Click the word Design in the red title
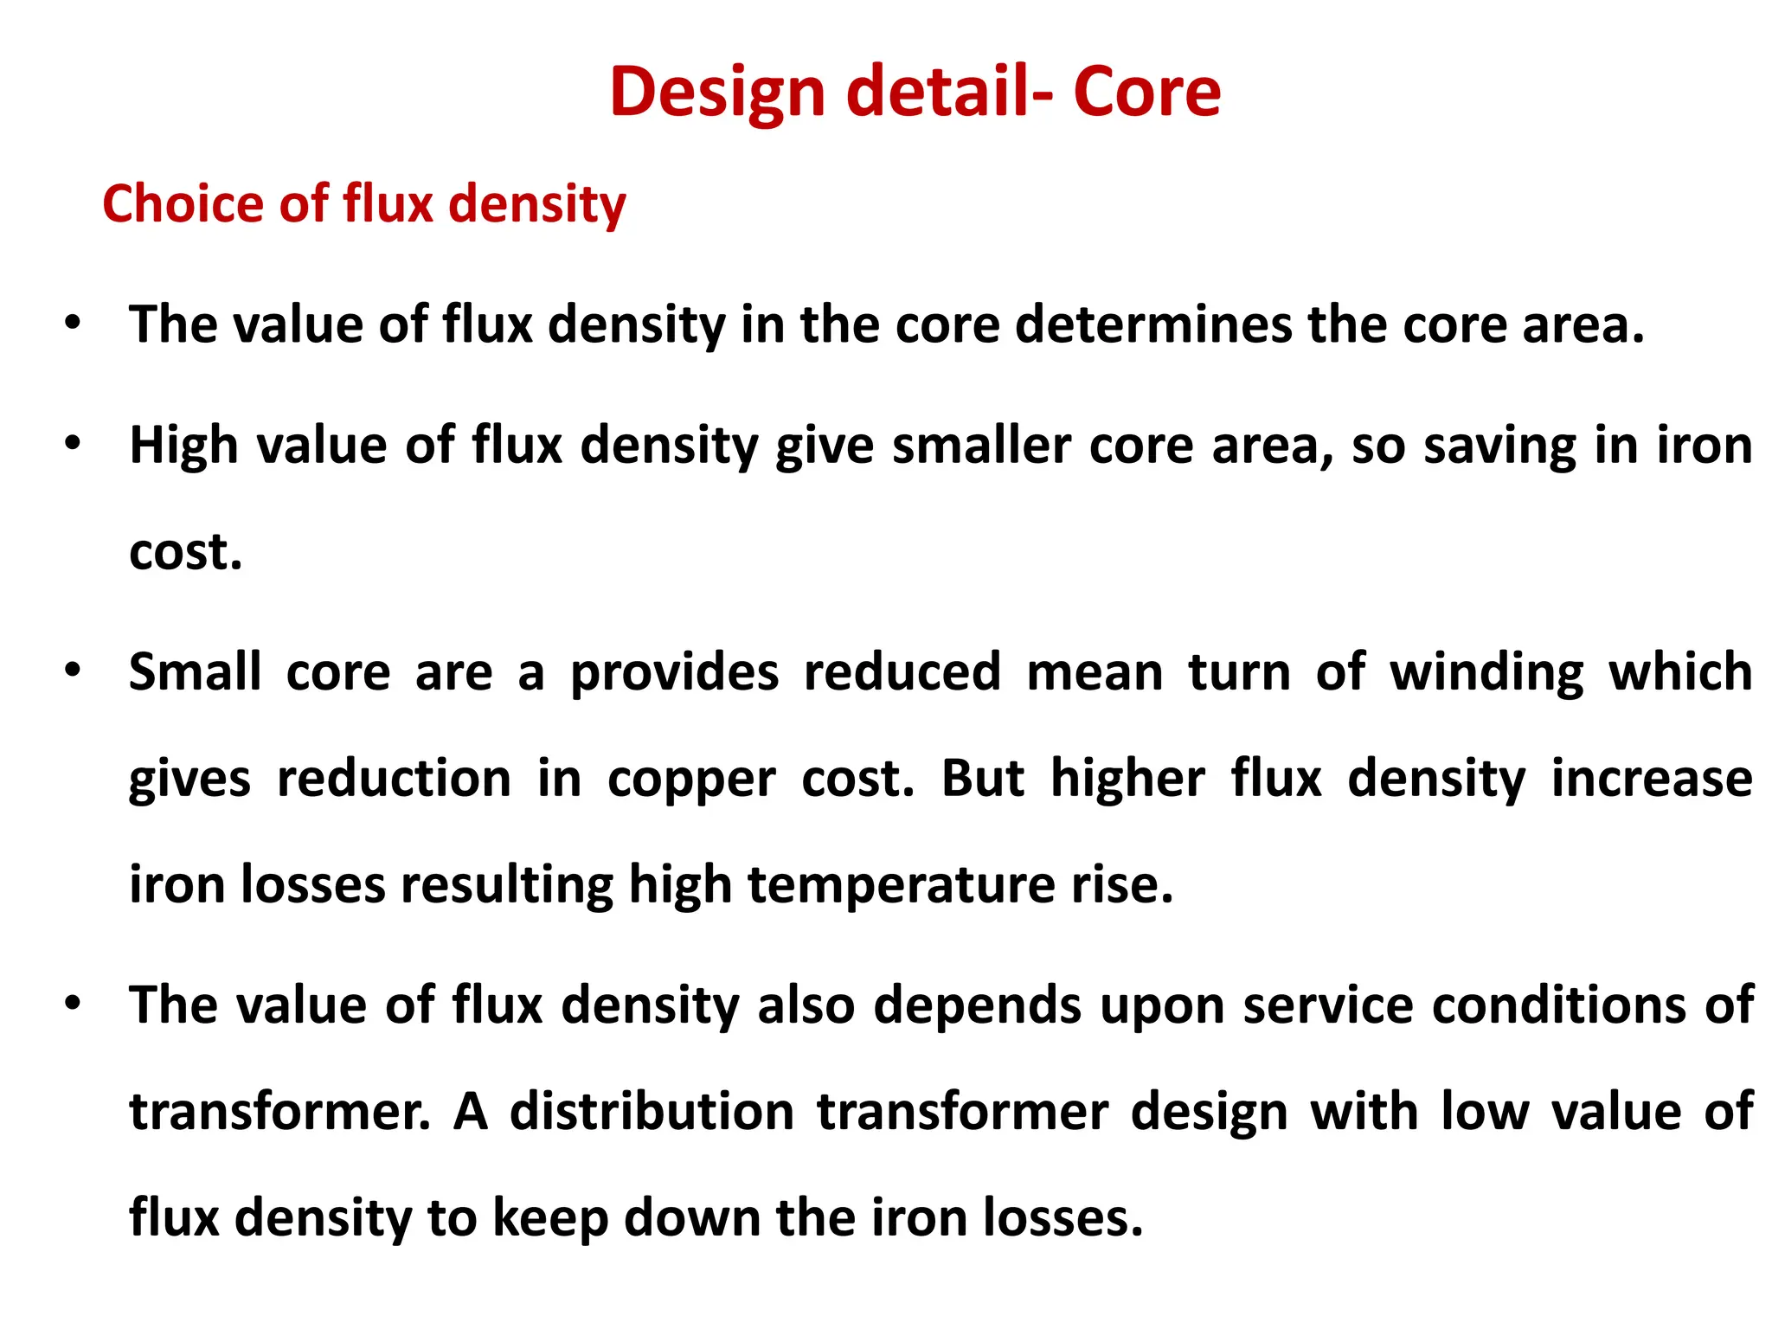click(718, 93)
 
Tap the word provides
click(675, 673)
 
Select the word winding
click(1486, 673)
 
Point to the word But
click(982, 778)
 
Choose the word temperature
click(902, 885)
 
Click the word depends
click(977, 1005)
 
